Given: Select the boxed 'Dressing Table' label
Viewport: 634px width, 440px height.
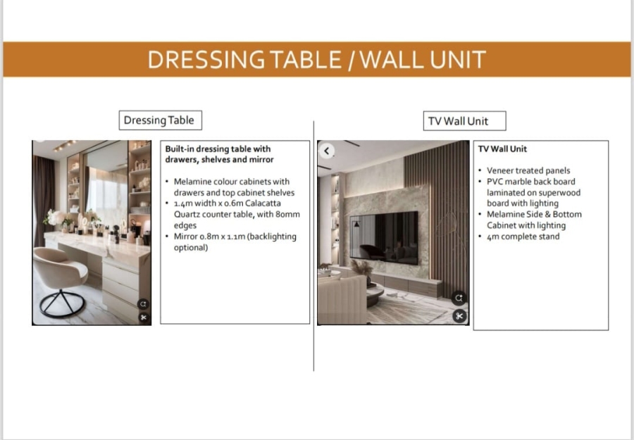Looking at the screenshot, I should coord(158,120).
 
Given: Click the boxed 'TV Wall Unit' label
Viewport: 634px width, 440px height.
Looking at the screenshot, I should coord(457,121).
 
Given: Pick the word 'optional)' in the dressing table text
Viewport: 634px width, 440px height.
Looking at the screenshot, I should coord(191,247).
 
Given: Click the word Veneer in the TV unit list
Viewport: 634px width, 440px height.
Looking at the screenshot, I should coord(501,170).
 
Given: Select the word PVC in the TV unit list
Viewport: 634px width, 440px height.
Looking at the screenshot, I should coord(496,182).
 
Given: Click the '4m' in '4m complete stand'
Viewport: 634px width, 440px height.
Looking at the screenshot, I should coord(493,237).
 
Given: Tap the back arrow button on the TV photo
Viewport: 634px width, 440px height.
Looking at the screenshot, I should coord(327,151).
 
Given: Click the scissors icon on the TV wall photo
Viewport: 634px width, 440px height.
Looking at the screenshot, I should coord(459,316).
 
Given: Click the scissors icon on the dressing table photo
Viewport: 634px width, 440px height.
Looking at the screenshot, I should coord(143,318).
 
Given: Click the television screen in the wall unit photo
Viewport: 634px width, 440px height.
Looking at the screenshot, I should coord(384,238).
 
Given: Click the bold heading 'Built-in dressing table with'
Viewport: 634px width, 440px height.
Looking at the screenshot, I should coord(218,149).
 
